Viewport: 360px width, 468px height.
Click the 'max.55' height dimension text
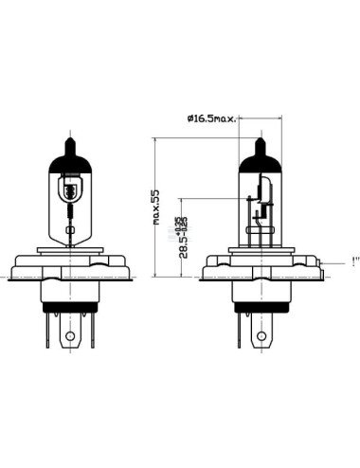tap(154, 205)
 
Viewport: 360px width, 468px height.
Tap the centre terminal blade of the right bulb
tap(261, 333)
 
